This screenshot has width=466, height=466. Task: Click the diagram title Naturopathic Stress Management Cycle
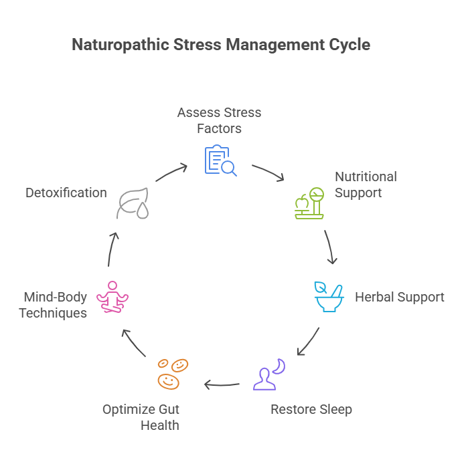(x=220, y=45)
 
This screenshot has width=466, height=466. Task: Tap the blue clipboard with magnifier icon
(x=219, y=160)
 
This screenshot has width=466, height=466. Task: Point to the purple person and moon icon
(x=268, y=374)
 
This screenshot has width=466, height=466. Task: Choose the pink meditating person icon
(x=112, y=297)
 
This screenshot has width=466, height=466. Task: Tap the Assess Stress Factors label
(x=219, y=120)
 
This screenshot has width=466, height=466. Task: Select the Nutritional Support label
(x=366, y=185)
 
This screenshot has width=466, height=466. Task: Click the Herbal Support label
(x=399, y=297)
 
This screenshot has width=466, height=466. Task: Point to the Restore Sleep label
(x=311, y=409)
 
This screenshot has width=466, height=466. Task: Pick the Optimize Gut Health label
(x=141, y=417)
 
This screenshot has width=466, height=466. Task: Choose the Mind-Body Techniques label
(x=54, y=304)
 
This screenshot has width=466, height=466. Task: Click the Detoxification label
(x=66, y=193)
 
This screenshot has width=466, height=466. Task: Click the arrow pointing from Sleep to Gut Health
(x=222, y=384)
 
